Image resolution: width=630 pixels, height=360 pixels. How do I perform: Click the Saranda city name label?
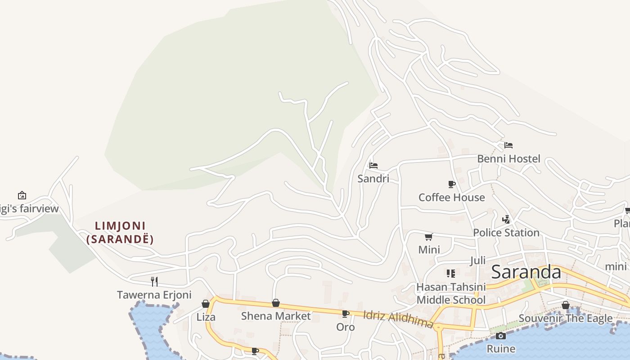pos(526,272)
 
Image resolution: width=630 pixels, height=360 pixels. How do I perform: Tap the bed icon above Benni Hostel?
pos(508,145)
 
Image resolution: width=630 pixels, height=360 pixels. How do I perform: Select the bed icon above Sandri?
pos(373,166)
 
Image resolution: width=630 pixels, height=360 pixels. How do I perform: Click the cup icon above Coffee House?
pos(452,184)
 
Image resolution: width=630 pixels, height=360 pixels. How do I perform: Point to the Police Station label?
pos(506,233)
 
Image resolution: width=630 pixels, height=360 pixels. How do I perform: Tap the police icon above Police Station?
pos(506,220)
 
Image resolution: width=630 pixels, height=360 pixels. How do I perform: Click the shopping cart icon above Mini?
pos(428,237)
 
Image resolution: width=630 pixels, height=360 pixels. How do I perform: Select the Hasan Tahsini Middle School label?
pos(451,293)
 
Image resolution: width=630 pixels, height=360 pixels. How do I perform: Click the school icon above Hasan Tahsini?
pos(450,274)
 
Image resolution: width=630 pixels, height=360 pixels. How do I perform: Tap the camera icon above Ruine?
pos(500,336)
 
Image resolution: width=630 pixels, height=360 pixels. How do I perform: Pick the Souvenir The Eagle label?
pos(565,319)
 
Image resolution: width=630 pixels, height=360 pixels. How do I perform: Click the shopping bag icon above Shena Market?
pos(276,303)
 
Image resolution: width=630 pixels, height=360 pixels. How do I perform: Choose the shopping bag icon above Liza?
pos(206,304)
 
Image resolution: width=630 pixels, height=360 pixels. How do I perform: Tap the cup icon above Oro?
pos(346,314)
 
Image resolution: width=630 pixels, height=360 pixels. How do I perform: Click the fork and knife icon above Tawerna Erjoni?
pos(154,282)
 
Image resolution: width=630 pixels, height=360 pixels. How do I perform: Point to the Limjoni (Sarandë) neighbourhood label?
pos(120,232)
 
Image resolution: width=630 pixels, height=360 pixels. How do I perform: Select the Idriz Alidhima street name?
pos(398,319)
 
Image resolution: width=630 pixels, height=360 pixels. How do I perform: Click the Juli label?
pos(478,261)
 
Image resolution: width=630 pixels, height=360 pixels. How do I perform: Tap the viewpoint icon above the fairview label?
pos(22,195)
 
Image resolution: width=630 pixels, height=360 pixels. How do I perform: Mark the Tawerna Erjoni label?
pos(154,295)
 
